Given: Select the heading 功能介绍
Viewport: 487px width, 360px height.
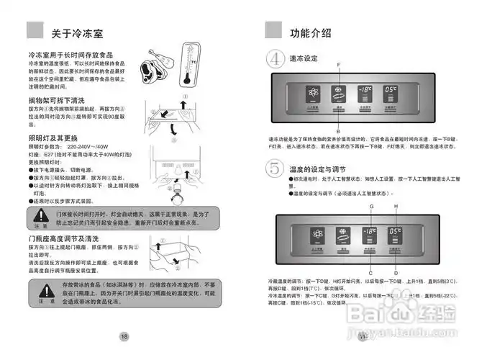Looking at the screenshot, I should [311, 33].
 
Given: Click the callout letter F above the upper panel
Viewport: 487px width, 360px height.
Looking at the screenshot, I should [339, 66].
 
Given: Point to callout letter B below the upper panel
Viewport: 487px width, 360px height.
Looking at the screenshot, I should [338, 125].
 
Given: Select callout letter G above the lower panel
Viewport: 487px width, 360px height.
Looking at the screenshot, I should [371, 207].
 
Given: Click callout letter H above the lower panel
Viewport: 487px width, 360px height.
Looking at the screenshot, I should [396, 207].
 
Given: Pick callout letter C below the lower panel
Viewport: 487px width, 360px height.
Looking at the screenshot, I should [370, 273].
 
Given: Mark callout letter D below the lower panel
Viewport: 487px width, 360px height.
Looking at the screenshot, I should [396, 273].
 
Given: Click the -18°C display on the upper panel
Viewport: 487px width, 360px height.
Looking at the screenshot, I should [364, 92].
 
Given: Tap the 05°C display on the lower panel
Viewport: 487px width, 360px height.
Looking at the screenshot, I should [391, 233].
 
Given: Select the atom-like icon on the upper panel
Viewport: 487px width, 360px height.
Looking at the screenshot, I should [312, 94].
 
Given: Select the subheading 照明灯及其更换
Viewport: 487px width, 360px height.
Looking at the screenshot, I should [53, 138].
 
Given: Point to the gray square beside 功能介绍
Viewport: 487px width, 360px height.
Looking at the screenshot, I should [273, 30].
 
